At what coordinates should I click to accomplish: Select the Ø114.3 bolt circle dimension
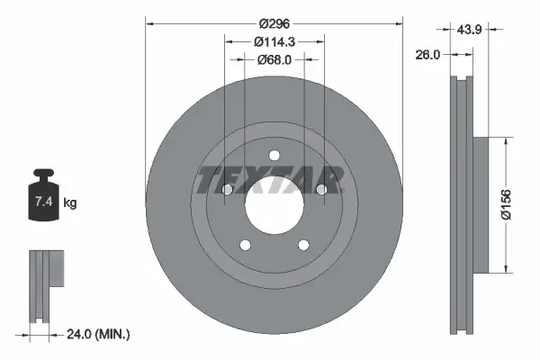click(274, 41)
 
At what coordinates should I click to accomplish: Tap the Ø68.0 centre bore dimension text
click(274, 59)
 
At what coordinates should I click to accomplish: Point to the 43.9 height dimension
click(467, 30)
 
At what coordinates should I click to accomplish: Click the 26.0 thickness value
click(427, 54)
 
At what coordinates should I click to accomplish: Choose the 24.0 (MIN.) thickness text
click(99, 335)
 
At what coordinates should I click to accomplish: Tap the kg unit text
click(71, 203)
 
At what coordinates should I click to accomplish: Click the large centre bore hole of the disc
click(273, 206)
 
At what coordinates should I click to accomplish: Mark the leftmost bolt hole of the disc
click(227, 190)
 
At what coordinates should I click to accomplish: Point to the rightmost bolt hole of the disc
click(320, 190)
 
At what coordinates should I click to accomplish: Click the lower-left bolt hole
click(244, 245)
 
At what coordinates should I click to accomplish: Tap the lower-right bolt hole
click(302, 245)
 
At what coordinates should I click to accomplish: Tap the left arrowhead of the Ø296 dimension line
click(148, 24)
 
